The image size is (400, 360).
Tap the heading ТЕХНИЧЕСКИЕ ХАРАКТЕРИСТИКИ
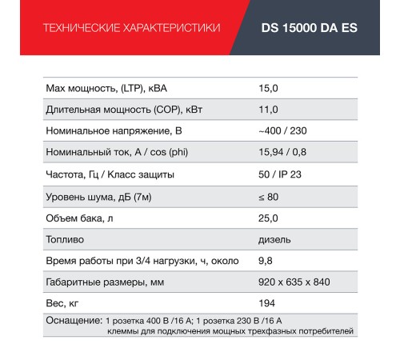(x=130, y=28)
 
